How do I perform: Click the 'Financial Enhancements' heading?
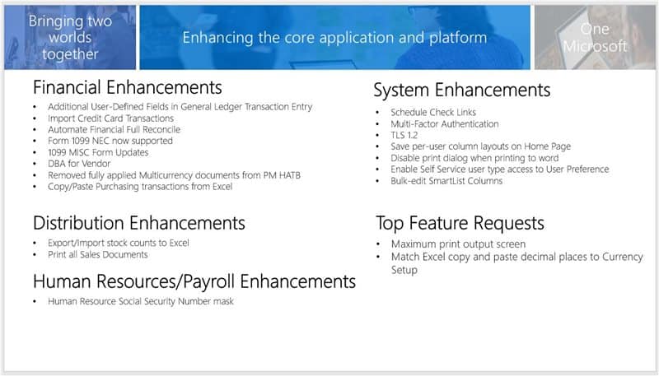(x=128, y=88)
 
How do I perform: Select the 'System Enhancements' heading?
(x=462, y=91)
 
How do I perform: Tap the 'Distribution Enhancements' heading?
(x=139, y=223)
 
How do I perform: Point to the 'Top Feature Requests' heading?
(x=460, y=224)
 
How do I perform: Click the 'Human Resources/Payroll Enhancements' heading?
(x=194, y=281)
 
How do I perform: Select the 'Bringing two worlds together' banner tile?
(x=70, y=37)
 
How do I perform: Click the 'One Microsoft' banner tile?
(x=595, y=37)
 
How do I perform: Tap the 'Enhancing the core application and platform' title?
(x=334, y=38)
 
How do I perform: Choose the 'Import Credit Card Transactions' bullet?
(x=110, y=118)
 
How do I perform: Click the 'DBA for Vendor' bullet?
(x=79, y=164)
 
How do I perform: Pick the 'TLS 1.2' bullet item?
(x=404, y=135)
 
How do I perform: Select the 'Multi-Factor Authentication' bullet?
(x=445, y=123)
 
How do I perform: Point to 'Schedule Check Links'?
(x=433, y=113)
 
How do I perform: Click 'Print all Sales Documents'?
(x=98, y=255)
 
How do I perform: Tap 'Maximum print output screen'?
(x=458, y=244)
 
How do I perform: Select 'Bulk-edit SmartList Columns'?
(x=446, y=181)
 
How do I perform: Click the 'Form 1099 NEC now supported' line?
(x=110, y=141)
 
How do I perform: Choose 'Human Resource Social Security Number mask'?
(x=141, y=301)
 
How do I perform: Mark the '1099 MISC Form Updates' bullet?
(x=98, y=152)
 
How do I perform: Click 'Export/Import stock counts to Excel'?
(x=119, y=243)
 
